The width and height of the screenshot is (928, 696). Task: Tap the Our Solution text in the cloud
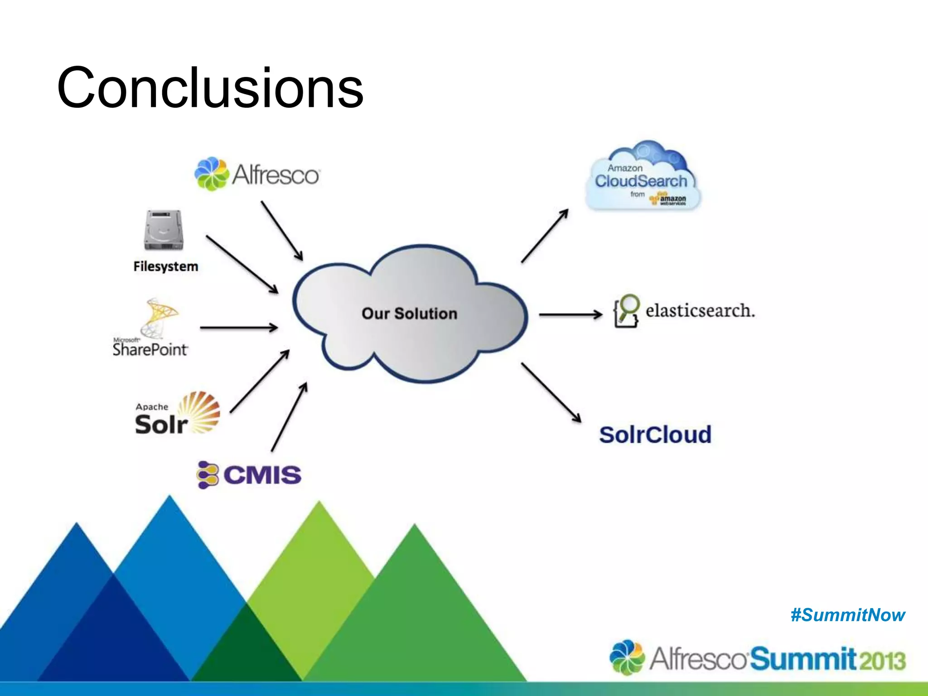409,314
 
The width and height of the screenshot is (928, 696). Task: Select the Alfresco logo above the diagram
257,174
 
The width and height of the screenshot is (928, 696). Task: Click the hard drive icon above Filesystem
164,230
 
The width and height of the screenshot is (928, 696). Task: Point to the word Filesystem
166,266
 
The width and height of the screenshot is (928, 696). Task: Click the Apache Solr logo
178,413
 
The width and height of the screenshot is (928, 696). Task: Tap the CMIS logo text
261,475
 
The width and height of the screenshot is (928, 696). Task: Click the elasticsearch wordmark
700,311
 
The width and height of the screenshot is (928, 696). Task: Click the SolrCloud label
655,435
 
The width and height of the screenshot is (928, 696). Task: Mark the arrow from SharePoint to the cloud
239,327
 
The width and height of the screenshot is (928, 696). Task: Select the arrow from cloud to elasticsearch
570,314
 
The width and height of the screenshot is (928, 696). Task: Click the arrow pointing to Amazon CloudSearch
545,236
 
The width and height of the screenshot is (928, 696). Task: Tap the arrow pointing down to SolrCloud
551,392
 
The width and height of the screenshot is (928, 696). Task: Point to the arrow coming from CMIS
289,417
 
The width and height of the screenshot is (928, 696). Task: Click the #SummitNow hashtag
848,615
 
